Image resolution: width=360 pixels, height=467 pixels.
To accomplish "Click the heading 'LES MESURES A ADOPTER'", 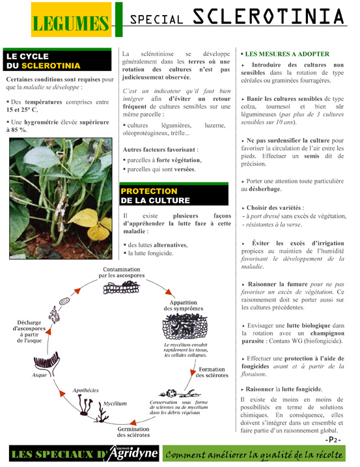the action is coord(286,53).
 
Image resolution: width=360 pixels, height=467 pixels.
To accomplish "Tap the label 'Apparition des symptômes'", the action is coord(184,305).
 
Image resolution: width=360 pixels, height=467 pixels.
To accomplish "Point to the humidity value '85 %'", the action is coord(18,130).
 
